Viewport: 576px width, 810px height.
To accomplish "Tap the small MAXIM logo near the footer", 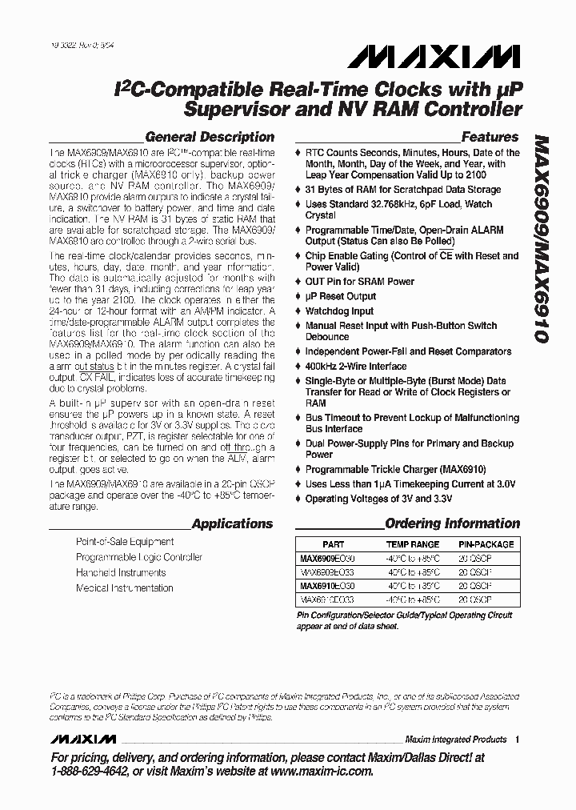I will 76,739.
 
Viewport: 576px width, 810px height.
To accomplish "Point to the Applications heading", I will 233,524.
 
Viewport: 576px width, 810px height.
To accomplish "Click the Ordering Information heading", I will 452,524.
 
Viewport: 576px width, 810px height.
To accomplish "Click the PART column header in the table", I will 333,543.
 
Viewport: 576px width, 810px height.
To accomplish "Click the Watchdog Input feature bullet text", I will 339,311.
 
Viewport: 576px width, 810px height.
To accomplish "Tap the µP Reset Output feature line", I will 340,296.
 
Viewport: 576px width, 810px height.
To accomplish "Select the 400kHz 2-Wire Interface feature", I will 355,367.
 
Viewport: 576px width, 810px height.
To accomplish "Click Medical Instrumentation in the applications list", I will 124,588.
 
